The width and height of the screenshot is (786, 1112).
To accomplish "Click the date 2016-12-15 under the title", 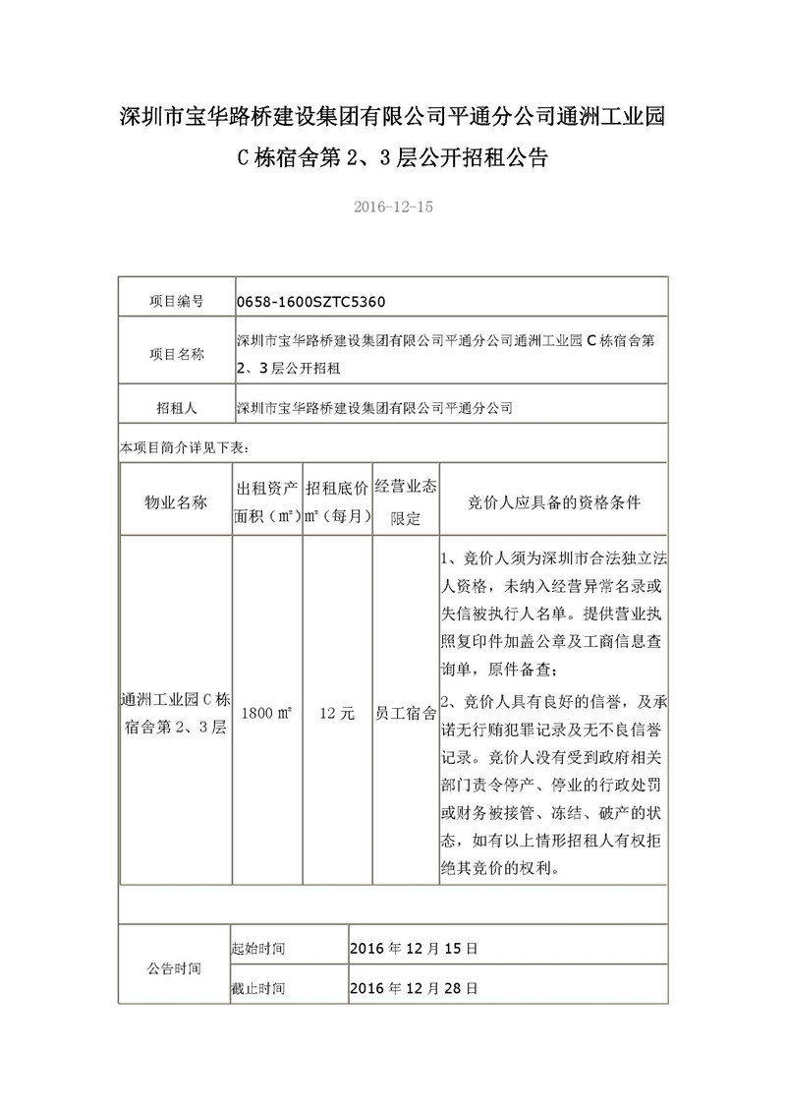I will click(x=392, y=207).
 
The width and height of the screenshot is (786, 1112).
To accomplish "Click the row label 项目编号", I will click(x=177, y=300).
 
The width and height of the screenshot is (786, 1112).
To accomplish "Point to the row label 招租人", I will click(x=177, y=406).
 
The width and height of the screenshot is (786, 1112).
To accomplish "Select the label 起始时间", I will click(x=258, y=950).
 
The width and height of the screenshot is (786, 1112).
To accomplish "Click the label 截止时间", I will click(x=258, y=987).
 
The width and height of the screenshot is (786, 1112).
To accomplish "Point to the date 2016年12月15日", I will click(x=414, y=950).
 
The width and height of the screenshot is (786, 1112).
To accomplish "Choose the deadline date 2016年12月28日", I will click(x=414, y=987).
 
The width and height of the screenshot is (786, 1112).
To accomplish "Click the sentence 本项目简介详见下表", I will click(x=184, y=447).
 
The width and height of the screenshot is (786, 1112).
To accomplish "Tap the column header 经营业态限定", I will click(x=406, y=502).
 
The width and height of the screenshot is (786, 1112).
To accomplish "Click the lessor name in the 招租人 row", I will click(x=375, y=406).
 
